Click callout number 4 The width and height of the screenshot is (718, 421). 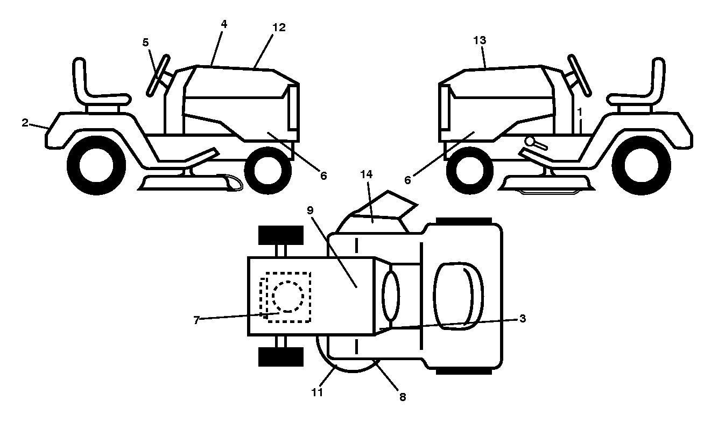(x=224, y=24)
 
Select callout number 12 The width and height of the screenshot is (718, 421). (x=279, y=27)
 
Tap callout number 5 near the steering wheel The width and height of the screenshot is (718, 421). (x=145, y=43)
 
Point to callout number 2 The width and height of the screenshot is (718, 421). (x=25, y=123)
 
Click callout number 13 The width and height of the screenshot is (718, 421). (x=480, y=40)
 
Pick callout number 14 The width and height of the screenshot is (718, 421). (x=367, y=174)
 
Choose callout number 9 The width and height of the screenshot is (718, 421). (x=310, y=210)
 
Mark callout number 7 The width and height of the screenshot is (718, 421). (x=196, y=320)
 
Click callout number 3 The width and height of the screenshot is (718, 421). (x=523, y=318)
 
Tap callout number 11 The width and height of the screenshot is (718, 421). (x=317, y=392)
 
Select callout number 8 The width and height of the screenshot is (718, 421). (x=403, y=397)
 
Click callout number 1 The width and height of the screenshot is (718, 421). (x=579, y=112)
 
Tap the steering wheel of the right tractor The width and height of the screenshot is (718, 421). (x=580, y=76)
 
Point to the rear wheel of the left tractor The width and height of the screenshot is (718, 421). (x=96, y=165)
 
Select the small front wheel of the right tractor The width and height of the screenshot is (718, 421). (x=469, y=171)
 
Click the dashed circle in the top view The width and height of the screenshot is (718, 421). (x=288, y=297)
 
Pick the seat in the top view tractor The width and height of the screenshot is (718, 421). (x=459, y=296)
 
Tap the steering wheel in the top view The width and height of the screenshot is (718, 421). (x=391, y=296)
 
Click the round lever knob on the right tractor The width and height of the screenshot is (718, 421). (x=529, y=141)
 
